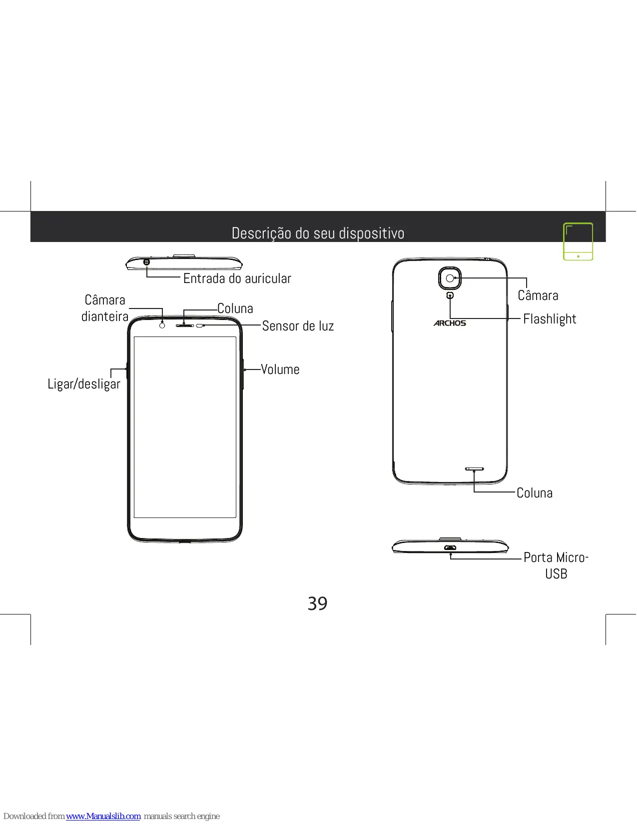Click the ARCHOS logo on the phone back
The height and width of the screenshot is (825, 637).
click(450, 323)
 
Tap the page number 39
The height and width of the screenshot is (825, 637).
click(318, 603)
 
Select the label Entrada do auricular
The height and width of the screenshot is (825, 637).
click(237, 278)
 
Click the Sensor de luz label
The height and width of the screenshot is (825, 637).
click(298, 325)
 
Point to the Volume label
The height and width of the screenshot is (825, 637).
click(280, 369)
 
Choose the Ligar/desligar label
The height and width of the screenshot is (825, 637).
click(84, 384)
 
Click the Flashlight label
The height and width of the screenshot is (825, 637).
click(550, 319)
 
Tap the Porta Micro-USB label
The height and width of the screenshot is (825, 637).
click(556, 565)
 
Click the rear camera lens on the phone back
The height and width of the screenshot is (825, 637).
click(450, 278)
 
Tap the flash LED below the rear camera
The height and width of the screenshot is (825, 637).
click(450, 295)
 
